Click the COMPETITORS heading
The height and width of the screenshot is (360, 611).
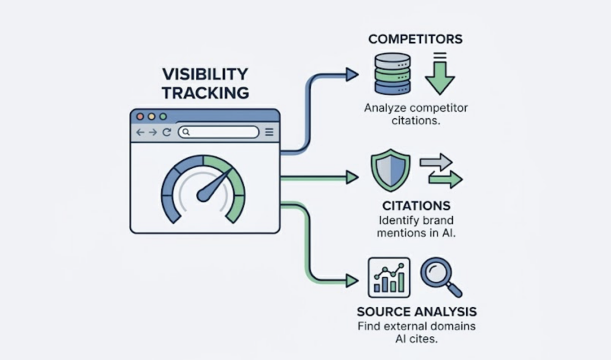[415, 39]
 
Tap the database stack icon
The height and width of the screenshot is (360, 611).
[392, 73]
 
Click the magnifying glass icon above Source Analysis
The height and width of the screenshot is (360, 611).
[440, 275]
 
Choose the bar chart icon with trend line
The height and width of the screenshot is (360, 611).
[388, 276]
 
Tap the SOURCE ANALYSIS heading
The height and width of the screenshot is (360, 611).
[416, 312]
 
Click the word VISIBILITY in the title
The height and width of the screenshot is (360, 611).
[204, 75]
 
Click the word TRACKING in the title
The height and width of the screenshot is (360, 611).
[204, 93]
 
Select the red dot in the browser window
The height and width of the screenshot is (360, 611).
[141, 116]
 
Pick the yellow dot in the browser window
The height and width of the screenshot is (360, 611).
[152, 116]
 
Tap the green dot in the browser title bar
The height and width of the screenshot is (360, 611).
[162, 116]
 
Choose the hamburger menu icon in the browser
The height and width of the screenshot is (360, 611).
[269, 133]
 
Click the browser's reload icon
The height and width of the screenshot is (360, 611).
[167, 133]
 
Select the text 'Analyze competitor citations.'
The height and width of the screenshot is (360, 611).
[416, 115]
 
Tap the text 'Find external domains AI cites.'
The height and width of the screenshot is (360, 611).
[416, 333]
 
